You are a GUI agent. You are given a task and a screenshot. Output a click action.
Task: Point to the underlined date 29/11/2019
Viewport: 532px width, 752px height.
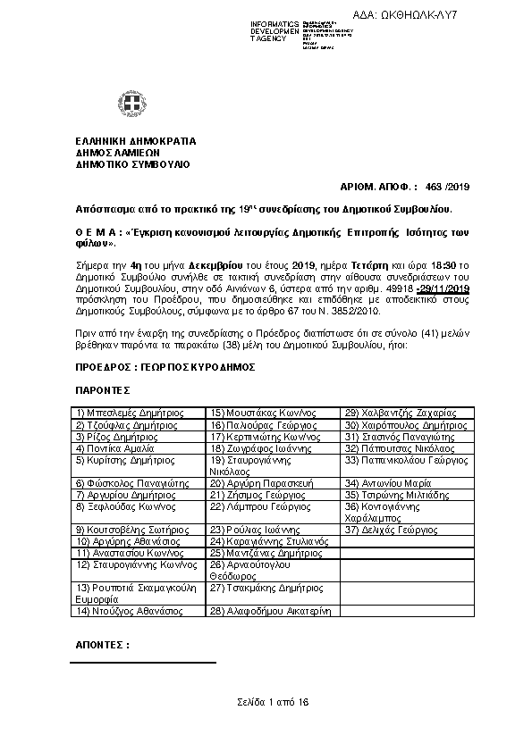443,289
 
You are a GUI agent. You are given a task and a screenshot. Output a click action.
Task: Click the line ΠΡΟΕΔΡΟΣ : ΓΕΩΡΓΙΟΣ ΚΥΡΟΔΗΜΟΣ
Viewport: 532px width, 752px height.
165,366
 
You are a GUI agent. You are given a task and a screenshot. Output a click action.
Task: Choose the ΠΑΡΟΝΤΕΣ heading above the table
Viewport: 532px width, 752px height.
103,389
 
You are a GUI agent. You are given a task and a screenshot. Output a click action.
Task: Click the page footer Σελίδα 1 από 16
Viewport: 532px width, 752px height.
273,702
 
